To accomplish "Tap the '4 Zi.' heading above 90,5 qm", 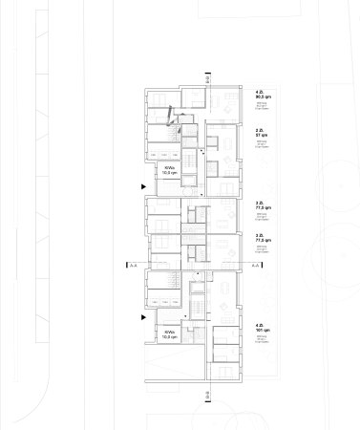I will pos(260,93).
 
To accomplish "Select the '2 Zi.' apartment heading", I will pos(259,130).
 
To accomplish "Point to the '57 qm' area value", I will pos(260,136).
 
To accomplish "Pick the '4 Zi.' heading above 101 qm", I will pos(259,325).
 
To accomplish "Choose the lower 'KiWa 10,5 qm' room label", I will pos(170,333).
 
